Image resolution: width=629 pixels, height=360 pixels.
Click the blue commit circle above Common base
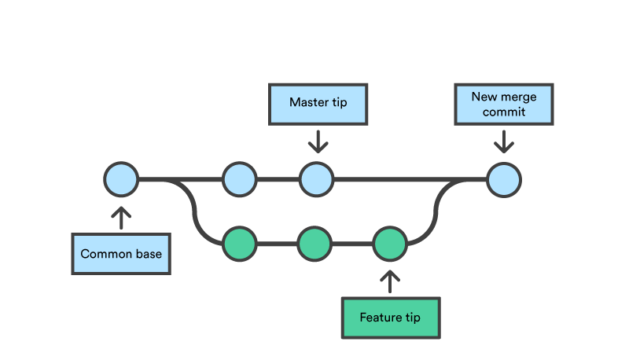121,180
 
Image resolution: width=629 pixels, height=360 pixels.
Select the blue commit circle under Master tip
315,180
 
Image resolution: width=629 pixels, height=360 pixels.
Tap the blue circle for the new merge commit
503,180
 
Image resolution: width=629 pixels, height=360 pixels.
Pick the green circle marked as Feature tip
389,244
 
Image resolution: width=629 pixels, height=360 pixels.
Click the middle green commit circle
314,244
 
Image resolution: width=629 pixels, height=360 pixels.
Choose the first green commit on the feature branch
239,244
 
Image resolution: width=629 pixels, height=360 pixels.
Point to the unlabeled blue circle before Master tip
239,180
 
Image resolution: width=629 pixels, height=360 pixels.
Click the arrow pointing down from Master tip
318,142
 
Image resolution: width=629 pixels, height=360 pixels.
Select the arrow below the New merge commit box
503,142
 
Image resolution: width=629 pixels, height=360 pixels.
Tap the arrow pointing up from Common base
121,217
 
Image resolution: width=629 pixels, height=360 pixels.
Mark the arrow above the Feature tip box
390,281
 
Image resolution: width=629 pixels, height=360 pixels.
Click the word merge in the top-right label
520,97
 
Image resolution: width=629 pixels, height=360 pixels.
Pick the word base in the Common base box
149,255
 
